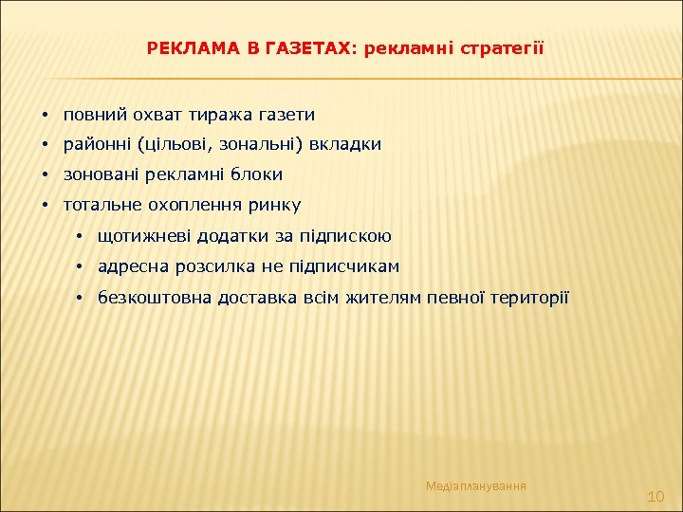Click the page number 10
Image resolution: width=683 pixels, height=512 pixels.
point(655,497)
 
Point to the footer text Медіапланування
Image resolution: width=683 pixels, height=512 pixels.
point(476,486)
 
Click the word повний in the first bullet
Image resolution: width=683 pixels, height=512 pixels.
point(92,115)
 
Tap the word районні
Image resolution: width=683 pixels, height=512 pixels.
point(97,145)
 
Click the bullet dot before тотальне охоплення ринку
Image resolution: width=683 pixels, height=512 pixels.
point(45,205)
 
